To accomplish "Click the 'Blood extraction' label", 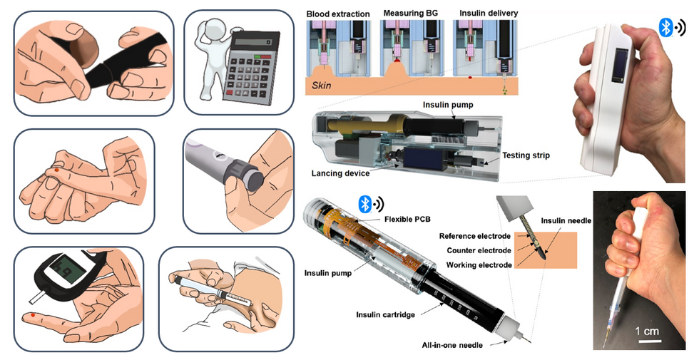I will coord(338,14).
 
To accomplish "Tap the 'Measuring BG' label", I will coord(412,14).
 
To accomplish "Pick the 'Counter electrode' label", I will coord(479,250).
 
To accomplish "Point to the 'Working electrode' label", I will coord(479,264).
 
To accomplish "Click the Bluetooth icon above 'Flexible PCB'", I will coord(364,204).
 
